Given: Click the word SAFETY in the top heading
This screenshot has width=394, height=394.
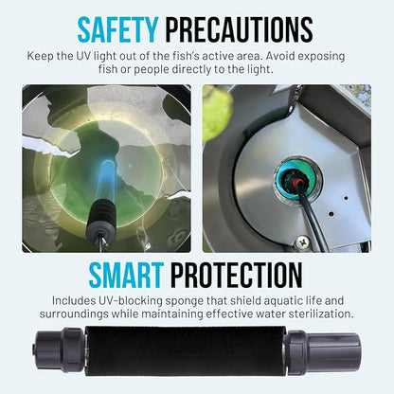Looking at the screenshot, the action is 117,29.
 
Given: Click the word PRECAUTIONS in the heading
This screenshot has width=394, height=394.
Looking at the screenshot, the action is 240,29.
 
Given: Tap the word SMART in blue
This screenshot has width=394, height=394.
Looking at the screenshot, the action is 126,275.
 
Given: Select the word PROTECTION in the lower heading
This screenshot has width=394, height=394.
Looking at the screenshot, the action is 237,275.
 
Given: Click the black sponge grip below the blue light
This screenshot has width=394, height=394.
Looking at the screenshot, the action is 100,213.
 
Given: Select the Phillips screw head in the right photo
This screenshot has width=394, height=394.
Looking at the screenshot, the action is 303,242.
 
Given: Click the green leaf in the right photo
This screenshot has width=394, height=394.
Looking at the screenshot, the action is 217,112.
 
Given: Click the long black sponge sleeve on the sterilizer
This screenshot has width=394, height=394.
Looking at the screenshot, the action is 186,351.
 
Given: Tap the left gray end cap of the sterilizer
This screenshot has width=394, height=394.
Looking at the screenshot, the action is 60,350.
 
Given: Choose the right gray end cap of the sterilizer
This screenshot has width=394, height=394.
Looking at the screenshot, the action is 323,350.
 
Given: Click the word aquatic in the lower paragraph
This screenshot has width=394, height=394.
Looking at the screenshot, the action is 280,301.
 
